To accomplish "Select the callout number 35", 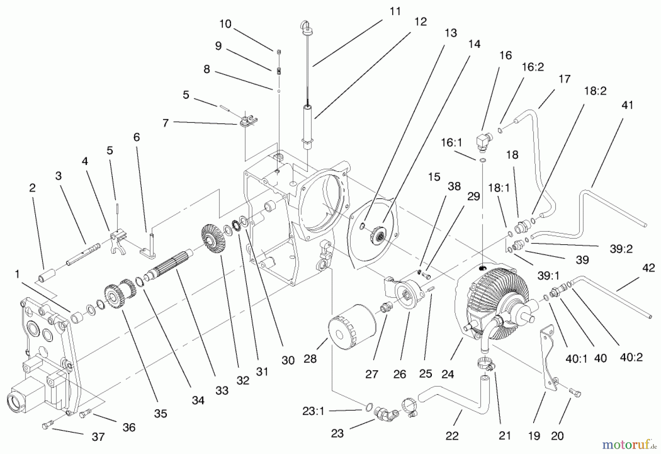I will [x=160, y=414].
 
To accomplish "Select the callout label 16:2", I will [x=533, y=67].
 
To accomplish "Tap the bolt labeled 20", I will [x=575, y=393].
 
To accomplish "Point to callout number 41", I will [x=628, y=105].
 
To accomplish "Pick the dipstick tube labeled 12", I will [x=307, y=125].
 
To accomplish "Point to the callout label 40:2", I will [x=631, y=357].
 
